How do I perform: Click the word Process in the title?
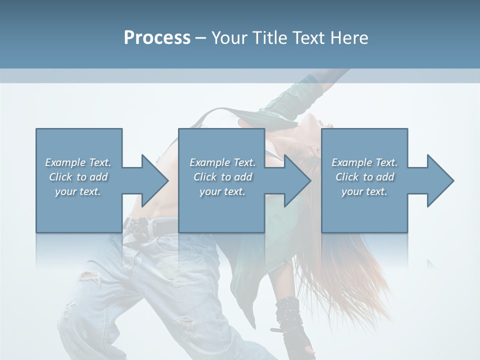pyautogui.click(x=157, y=38)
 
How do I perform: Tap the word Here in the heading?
pyautogui.click(x=349, y=38)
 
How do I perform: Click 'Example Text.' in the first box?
pyautogui.click(x=78, y=162)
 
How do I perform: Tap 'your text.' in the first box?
pyautogui.click(x=78, y=191)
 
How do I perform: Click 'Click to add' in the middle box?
pyautogui.click(x=222, y=177)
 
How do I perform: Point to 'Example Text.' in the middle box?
pyautogui.click(x=222, y=162)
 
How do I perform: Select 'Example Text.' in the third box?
pyautogui.click(x=364, y=162)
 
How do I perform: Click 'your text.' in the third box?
pyautogui.click(x=364, y=191)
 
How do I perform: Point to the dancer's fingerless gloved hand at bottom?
pyautogui.click(x=297, y=342)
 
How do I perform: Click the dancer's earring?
pyautogui.click(x=313, y=152)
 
